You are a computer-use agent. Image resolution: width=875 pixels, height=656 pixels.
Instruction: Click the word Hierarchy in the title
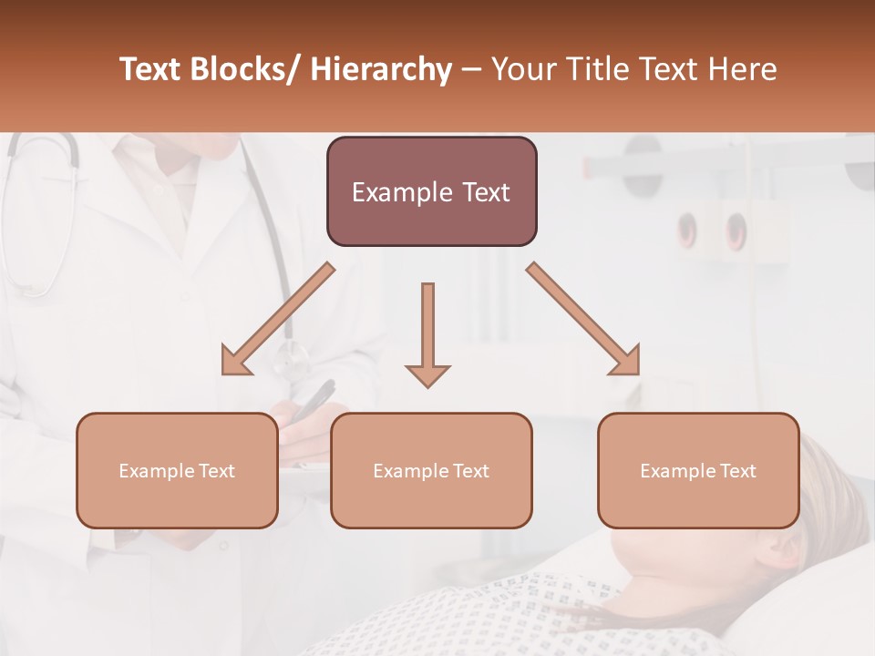click(x=381, y=70)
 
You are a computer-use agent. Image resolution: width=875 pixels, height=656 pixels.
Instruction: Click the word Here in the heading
click(x=743, y=70)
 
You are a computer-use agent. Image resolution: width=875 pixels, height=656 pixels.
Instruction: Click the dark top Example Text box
click(x=431, y=191)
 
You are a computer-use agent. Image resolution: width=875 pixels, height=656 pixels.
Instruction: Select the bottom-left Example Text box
click(x=176, y=470)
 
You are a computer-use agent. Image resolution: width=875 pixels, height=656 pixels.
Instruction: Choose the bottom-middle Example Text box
click(x=430, y=470)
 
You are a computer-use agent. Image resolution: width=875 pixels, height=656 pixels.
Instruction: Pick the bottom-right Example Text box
click(x=698, y=470)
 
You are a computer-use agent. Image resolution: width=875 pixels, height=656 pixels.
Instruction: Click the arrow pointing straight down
click(x=427, y=333)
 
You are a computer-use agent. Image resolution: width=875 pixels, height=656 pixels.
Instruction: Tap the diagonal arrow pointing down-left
click(x=277, y=320)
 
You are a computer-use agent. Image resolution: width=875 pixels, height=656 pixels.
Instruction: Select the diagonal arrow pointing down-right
click(x=583, y=320)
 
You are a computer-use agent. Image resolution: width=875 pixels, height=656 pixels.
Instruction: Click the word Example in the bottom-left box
click(x=157, y=471)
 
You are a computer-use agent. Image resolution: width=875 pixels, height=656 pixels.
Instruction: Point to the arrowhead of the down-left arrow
click(x=237, y=361)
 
